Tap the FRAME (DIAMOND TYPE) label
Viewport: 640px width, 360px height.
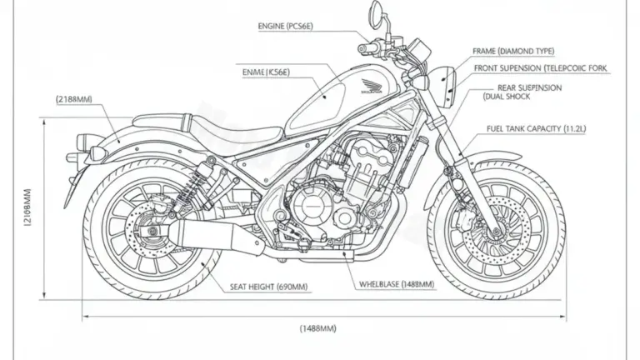point(512,51)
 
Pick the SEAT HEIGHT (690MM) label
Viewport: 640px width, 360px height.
point(268,286)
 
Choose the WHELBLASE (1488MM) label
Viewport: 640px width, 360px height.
point(396,284)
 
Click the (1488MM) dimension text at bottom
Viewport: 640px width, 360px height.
point(317,328)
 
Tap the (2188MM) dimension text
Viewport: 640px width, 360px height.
point(74,99)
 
